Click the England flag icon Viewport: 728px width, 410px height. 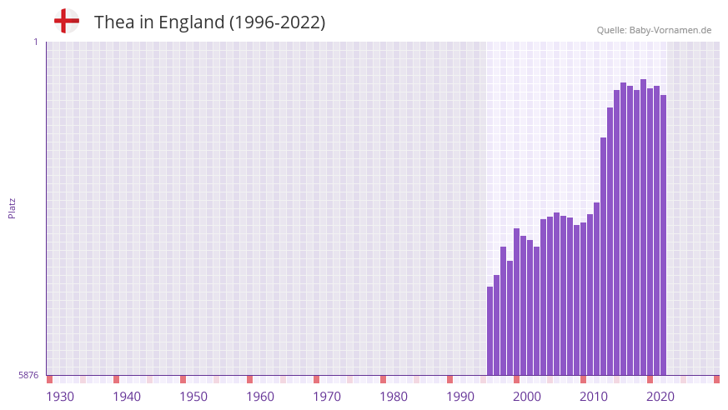point(67,22)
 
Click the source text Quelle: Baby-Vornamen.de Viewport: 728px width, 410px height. point(654,30)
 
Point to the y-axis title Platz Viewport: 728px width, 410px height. point(12,208)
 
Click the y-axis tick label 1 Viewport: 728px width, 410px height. point(35,42)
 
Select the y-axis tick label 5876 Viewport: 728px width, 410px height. point(28,375)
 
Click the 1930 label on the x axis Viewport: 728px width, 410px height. point(60,397)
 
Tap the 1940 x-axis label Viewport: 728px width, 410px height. point(127,397)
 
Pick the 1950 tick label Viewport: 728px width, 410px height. point(193,397)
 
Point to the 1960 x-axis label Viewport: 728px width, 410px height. point(260,397)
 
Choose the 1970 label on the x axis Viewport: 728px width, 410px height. point(327,397)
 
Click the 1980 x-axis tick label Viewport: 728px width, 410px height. point(394,397)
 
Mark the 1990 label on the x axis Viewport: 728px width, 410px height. point(460,397)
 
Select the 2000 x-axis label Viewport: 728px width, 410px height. point(527,397)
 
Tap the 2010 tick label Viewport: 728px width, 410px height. point(594,397)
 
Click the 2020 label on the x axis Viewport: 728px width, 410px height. point(660,397)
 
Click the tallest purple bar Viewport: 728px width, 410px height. point(644,225)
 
